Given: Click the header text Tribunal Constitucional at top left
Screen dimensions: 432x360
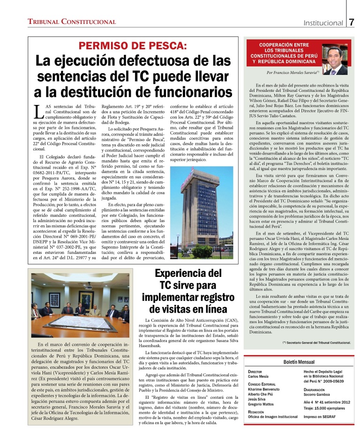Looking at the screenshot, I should [x=66, y=22].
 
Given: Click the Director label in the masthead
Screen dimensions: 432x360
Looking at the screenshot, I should [x=256, y=371].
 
